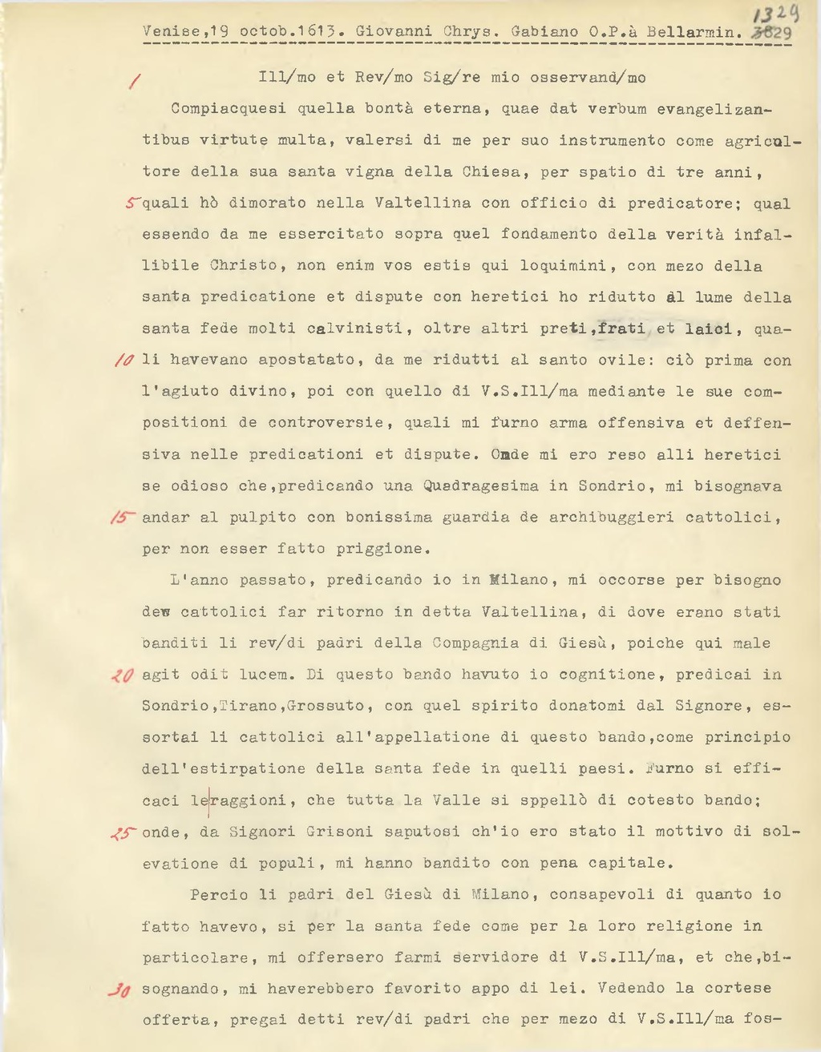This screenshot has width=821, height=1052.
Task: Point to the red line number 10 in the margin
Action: pos(124,361)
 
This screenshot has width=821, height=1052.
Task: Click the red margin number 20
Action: pos(123,675)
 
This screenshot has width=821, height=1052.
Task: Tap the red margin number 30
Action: pos(119,990)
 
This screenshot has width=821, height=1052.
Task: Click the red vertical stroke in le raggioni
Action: pos(208,800)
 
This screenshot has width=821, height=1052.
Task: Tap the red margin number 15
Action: pos(123,518)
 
